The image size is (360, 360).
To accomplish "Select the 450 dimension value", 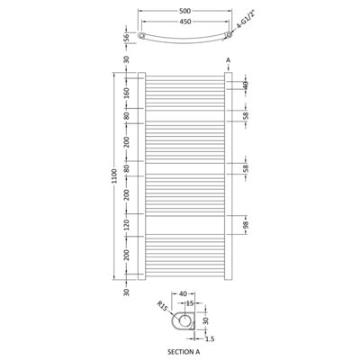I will [x=184, y=22].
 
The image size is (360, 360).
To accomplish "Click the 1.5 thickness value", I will [x=209, y=338].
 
